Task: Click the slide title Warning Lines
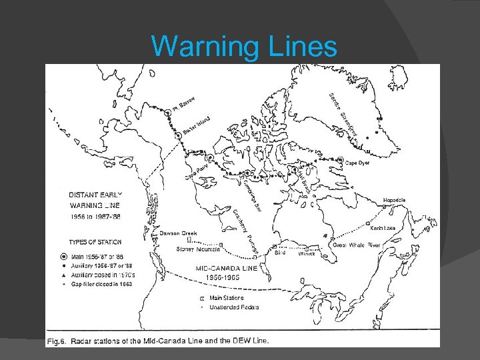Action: click(244, 46)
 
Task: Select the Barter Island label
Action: click(197, 125)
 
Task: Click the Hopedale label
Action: click(394, 200)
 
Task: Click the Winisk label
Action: click(307, 254)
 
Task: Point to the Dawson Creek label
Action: click(178, 233)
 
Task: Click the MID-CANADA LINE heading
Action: click(243, 267)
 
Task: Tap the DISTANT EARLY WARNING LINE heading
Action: click(95, 199)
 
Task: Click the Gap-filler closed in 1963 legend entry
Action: click(104, 283)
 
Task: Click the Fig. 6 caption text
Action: click(159, 341)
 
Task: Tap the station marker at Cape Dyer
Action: click(340, 161)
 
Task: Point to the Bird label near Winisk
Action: click(280, 254)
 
